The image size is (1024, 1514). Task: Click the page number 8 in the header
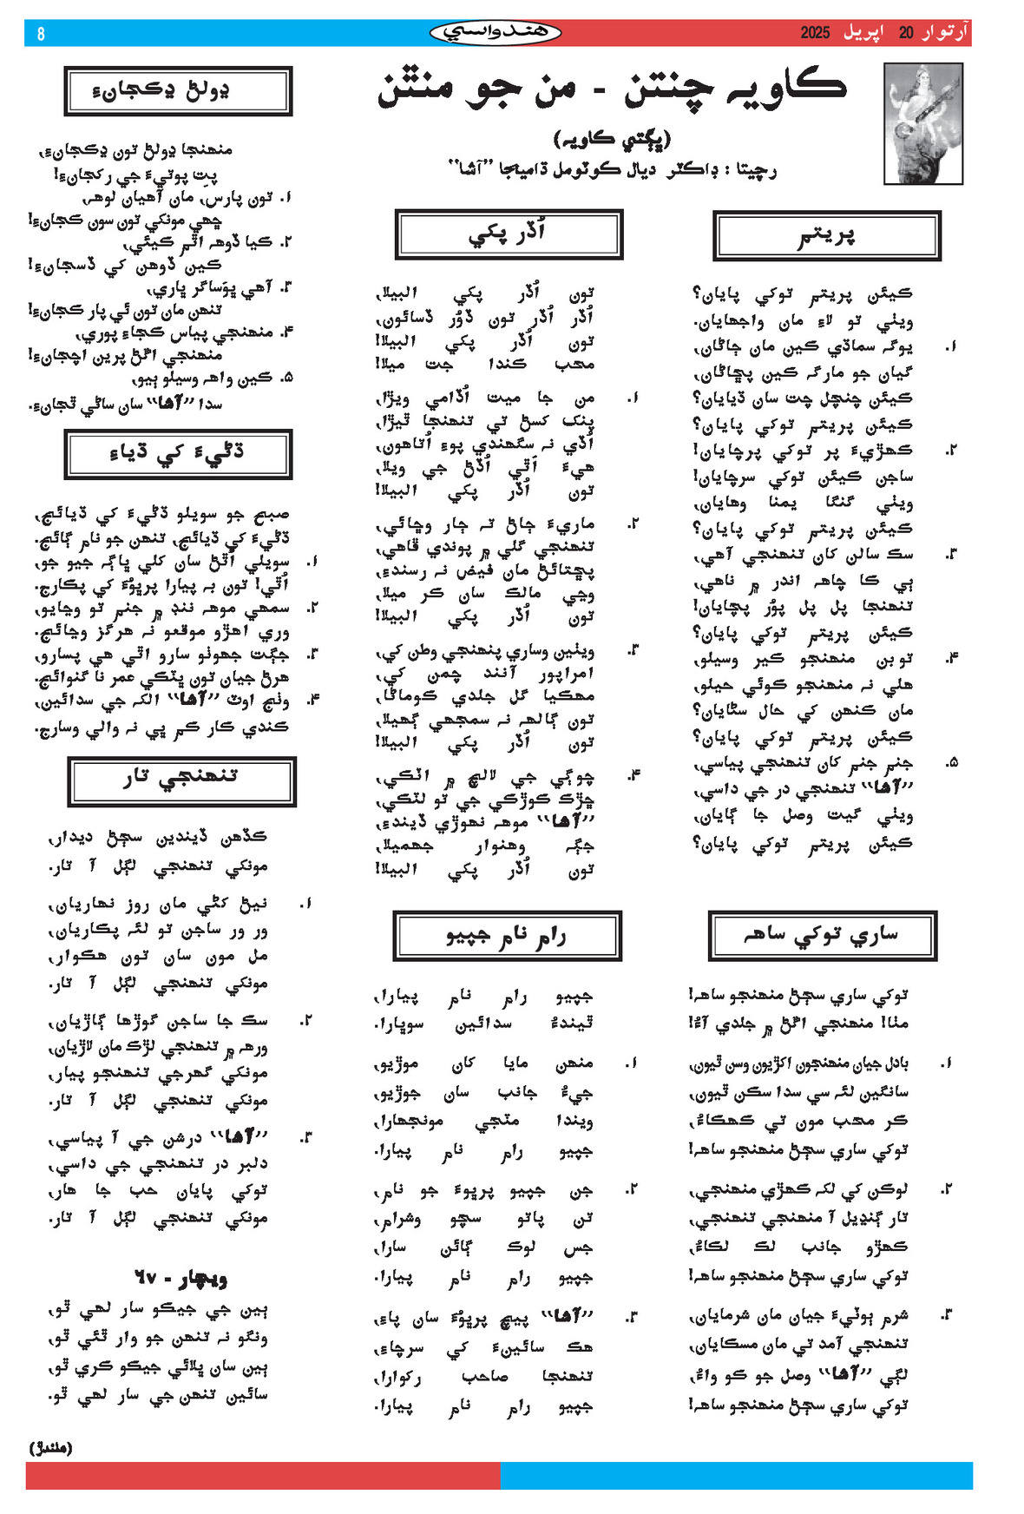coord(40,34)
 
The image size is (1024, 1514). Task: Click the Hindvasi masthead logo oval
coord(496,33)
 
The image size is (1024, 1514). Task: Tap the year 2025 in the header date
coord(815,33)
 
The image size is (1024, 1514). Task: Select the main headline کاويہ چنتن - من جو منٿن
coord(611,89)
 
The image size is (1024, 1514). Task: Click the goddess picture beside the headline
coord(922,122)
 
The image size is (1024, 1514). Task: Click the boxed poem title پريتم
coord(826,235)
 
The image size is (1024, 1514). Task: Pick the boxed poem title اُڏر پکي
coord(509,234)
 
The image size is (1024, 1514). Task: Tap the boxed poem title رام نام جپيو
coord(507,936)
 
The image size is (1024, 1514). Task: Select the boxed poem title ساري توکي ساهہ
coord(822,936)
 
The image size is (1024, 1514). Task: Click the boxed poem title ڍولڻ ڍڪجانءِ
coord(178,90)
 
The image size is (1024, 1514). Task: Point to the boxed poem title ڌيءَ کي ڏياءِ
coord(178,453)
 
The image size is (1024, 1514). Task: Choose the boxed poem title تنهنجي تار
coord(181,780)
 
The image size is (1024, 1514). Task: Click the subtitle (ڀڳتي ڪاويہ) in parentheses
coord(612,139)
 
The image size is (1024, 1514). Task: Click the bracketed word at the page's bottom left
coord(51,1447)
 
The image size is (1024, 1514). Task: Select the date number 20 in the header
coord(906,33)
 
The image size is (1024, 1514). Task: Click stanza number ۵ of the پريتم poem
coord(953,762)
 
